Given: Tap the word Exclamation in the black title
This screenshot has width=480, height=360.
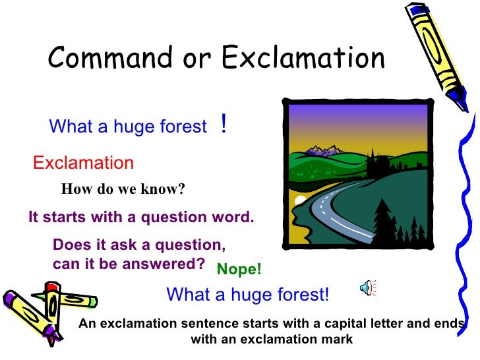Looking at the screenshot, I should point(303,59).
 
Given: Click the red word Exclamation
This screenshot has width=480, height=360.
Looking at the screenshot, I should point(83,163).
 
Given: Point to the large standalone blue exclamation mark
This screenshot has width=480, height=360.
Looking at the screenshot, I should point(224,124).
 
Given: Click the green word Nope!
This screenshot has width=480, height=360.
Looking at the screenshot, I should point(239,269).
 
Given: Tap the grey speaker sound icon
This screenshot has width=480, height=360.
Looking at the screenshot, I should point(367,287).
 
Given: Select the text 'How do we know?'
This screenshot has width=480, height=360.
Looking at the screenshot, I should point(123,190).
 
